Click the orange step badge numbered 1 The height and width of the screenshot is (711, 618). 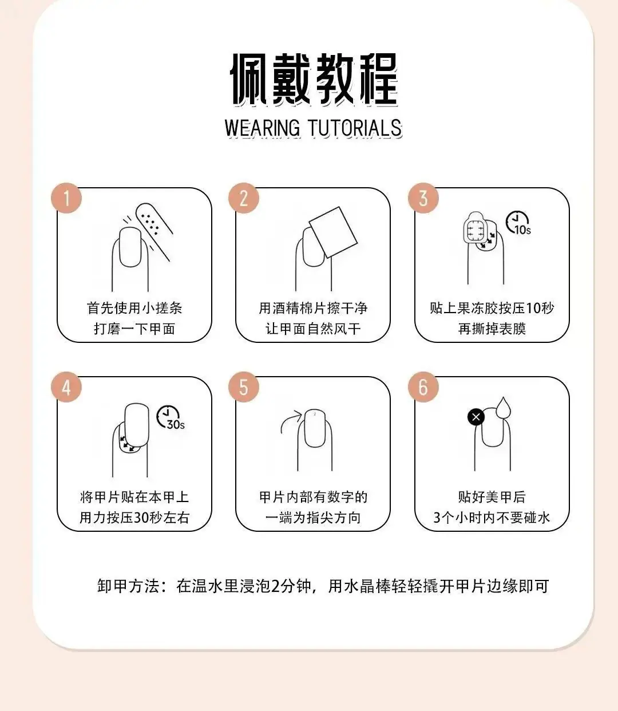point(66,198)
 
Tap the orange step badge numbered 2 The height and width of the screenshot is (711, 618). point(244,198)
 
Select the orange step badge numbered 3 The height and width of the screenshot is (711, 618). point(423,198)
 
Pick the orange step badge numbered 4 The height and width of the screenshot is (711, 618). point(66,387)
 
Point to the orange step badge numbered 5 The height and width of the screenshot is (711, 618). point(244,387)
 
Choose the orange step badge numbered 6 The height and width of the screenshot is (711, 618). point(423,387)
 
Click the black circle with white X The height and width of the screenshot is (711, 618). point(476,417)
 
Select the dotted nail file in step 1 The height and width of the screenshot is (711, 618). point(154,232)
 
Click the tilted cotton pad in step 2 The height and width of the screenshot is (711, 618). point(333,232)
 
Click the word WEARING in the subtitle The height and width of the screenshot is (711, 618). point(262,128)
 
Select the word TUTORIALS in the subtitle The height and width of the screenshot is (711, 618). point(355,128)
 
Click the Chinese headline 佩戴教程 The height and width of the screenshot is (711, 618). point(314,79)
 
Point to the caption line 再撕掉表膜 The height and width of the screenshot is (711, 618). point(492,329)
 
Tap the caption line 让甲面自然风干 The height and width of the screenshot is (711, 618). point(313,329)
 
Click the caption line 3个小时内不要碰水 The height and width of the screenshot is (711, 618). point(492,518)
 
